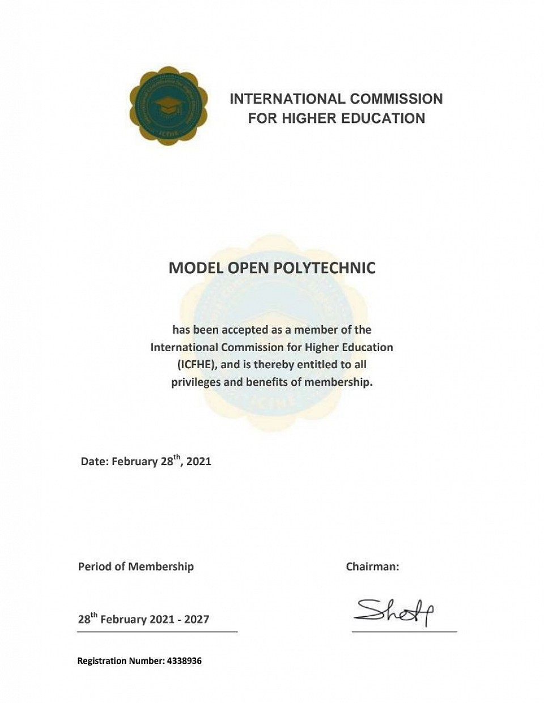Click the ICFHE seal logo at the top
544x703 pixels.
click(x=168, y=106)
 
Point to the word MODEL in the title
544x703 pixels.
click(x=196, y=268)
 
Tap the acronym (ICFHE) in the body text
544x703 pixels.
click(x=197, y=364)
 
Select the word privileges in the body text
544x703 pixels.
click(x=196, y=382)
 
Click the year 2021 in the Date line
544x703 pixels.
click(x=198, y=461)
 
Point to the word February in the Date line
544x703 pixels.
click(x=134, y=461)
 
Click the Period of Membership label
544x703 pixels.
click(x=136, y=566)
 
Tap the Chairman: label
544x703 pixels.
click(x=372, y=566)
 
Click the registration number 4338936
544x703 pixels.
click(x=184, y=661)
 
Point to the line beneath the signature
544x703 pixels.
click(x=404, y=630)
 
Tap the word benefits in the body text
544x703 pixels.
click(x=268, y=382)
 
